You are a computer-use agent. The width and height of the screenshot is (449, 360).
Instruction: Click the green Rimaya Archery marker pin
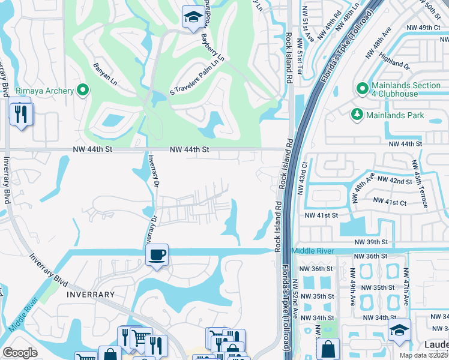point(83,91)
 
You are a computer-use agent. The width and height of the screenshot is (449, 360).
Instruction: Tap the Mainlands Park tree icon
point(357,115)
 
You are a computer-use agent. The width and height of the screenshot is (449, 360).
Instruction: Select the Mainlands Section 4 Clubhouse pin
point(362,89)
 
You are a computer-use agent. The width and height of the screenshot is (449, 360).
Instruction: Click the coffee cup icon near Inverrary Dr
point(157,255)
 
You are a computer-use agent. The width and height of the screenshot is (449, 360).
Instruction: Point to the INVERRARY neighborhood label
point(91,295)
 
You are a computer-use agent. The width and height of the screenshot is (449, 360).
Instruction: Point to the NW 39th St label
point(372,241)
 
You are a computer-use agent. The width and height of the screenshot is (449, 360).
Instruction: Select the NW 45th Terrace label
point(420,183)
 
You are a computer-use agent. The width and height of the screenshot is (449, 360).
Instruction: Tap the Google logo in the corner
point(20,353)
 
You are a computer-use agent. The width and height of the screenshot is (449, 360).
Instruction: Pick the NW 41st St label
point(322,215)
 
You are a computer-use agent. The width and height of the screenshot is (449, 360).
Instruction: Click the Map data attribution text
point(424,355)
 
